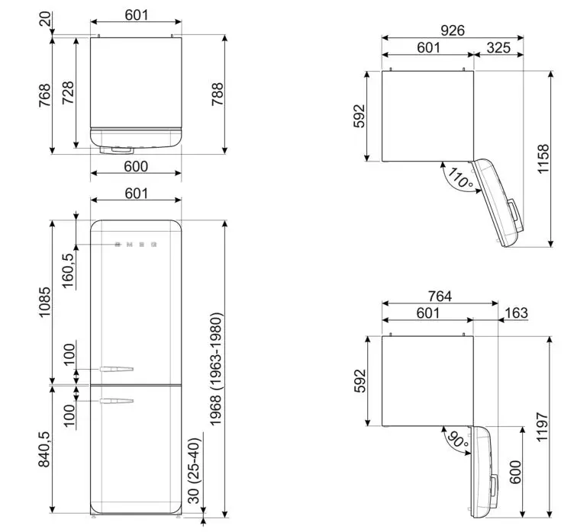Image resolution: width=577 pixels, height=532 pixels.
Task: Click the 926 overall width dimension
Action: [x=453, y=30]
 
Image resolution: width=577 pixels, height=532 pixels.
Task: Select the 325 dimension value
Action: [x=498, y=47]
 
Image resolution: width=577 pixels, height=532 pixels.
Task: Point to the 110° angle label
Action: [x=461, y=179]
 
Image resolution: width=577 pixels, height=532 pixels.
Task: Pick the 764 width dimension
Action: [x=440, y=296]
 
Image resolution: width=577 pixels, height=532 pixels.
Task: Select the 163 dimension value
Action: [x=516, y=313]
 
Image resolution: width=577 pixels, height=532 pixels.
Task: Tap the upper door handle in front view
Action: [x=116, y=370]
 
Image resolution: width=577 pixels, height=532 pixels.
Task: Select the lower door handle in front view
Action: [x=116, y=400]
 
